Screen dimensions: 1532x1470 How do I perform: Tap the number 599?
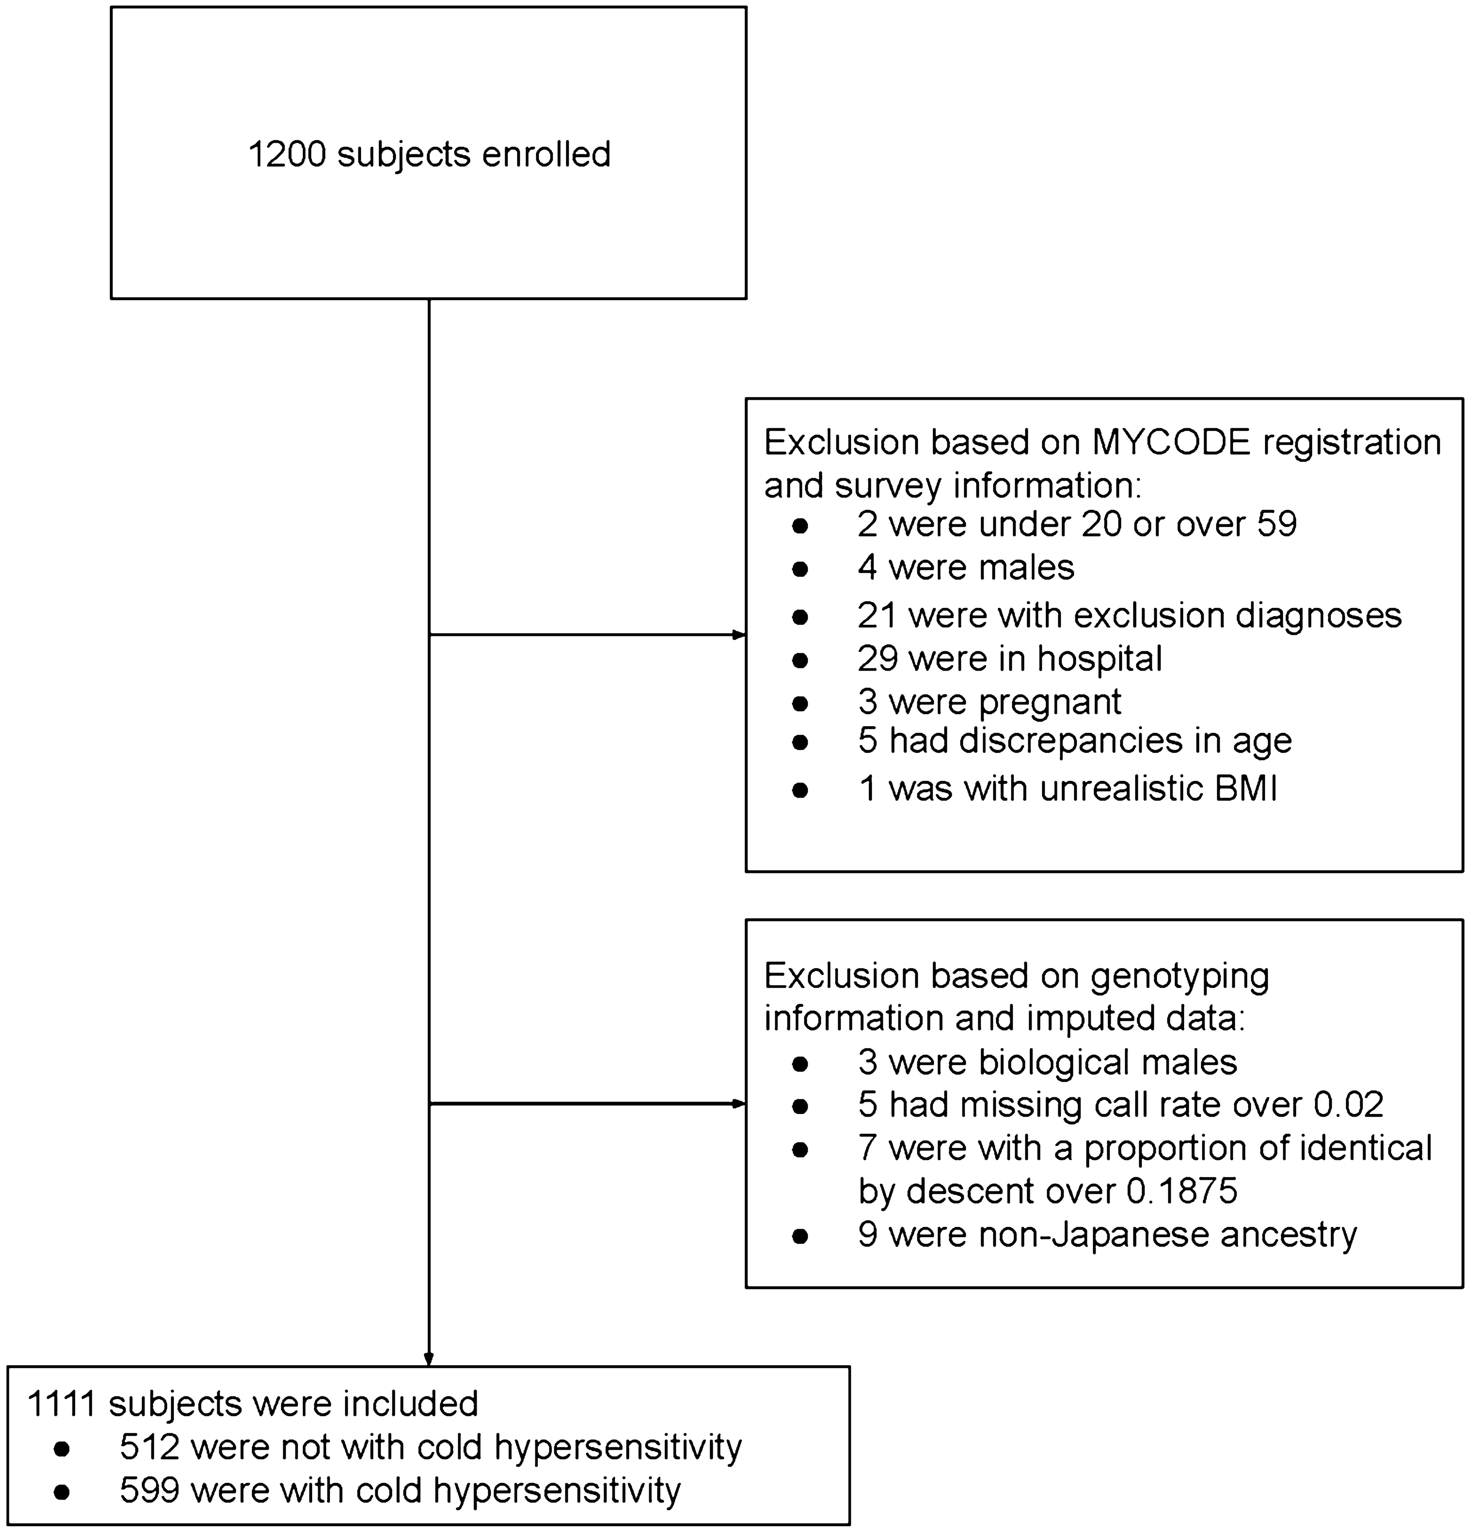click(149, 1491)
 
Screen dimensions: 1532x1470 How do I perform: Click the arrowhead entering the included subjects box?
click(429, 1359)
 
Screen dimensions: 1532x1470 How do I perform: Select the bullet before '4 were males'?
click(799, 569)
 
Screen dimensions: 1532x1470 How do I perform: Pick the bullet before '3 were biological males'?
click(799, 1064)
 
